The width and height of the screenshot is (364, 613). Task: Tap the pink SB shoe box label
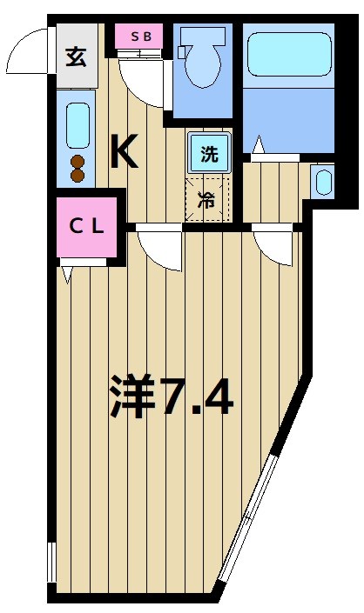coord(140,37)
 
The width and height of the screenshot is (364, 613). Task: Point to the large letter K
coord(125,153)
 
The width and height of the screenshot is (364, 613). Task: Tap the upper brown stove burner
coord(77,162)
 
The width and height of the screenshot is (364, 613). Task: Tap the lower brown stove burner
coord(77,175)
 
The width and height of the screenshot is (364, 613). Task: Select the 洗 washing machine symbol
coord(209,156)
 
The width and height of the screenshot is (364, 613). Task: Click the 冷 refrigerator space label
coord(206,199)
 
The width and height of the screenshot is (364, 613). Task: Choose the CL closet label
coord(87,228)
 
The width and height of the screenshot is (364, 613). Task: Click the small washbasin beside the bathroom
coord(322,182)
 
